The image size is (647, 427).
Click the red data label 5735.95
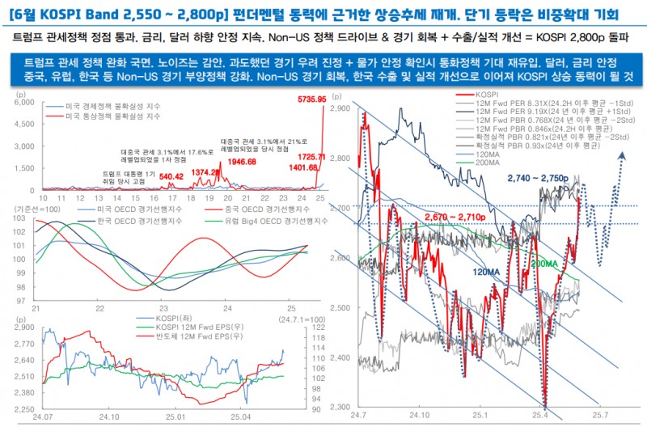[309, 99]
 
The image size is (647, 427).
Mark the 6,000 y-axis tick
[23, 103]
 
